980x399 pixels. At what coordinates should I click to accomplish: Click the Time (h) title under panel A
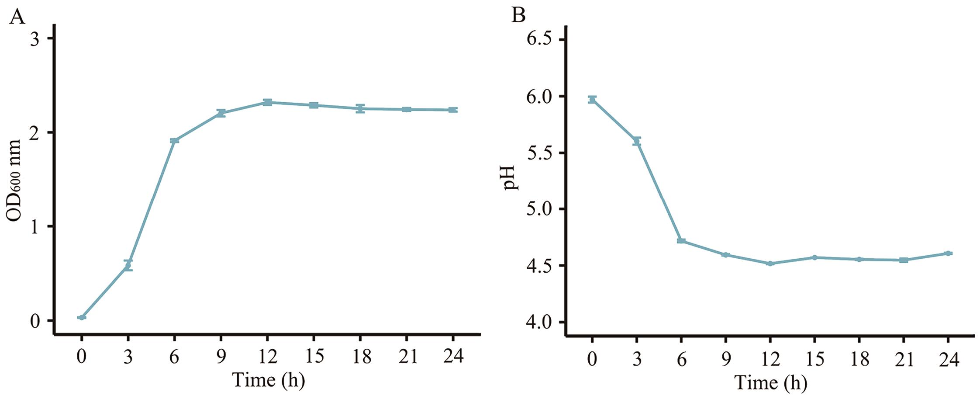coord(268,380)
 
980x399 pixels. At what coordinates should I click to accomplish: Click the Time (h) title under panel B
coord(770,383)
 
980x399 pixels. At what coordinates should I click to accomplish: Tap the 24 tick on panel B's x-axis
coord(948,360)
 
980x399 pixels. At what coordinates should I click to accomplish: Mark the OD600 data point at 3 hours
coord(128,265)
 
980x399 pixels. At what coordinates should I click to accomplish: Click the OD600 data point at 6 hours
coord(174,141)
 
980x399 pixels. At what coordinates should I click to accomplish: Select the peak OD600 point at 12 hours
coord(267,103)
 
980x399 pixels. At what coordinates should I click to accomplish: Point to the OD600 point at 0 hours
coord(82,317)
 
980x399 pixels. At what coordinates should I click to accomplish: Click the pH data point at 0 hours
coord(592,100)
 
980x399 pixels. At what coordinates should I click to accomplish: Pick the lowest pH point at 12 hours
coord(770,264)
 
